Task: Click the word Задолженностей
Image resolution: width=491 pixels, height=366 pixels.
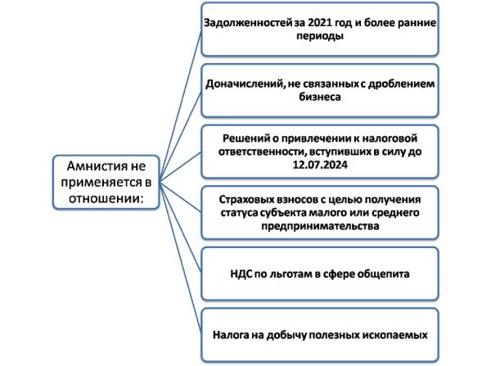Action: point(246,25)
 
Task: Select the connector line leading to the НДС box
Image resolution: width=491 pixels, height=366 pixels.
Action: point(178,233)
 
